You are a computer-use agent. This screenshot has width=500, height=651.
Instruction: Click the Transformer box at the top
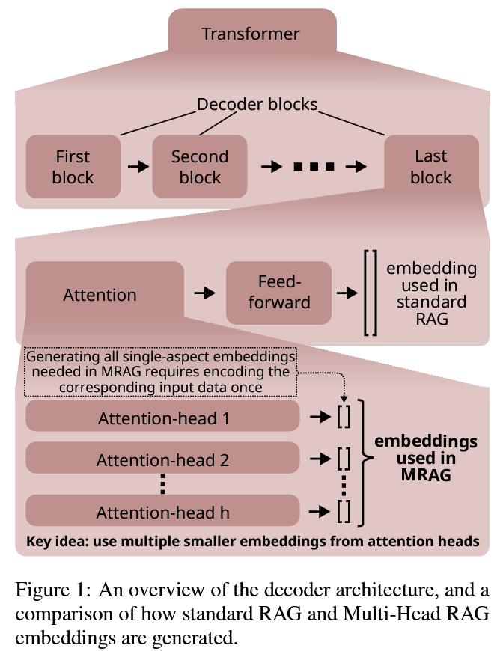pyautogui.click(x=251, y=34)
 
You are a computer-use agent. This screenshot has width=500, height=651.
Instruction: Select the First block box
pyautogui.click(x=73, y=167)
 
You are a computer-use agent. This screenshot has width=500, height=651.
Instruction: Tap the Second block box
pyautogui.click(x=199, y=167)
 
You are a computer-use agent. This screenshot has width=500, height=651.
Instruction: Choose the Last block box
pyautogui.click(x=431, y=167)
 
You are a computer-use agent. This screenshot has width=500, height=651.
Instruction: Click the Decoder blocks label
pyautogui.click(x=257, y=105)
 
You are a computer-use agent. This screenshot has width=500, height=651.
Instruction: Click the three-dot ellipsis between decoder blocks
pyautogui.click(x=314, y=167)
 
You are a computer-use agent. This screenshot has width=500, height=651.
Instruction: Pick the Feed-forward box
pyautogui.click(x=278, y=293)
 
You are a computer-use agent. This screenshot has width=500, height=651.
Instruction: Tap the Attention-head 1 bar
pyautogui.click(x=163, y=418)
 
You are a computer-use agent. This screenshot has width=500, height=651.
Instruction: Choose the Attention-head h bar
pyautogui.click(x=163, y=513)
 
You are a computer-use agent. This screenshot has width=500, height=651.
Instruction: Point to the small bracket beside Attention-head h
pyautogui.click(x=344, y=512)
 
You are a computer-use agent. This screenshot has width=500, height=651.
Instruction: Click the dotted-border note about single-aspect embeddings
pyautogui.click(x=161, y=370)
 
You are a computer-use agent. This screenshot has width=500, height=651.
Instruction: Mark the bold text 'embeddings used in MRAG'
pyautogui.click(x=425, y=457)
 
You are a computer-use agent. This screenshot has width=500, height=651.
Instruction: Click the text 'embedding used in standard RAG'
pyautogui.click(x=431, y=293)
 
